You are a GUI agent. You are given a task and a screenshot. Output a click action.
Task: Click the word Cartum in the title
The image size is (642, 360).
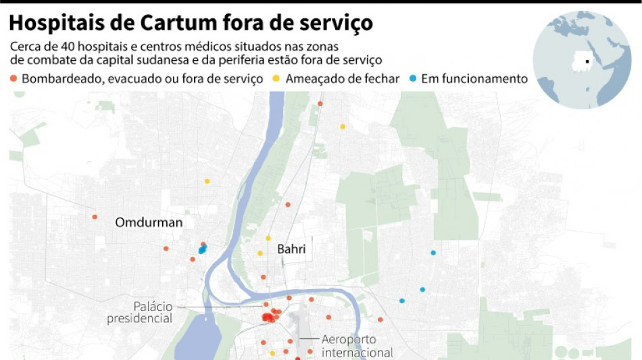click(178, 24)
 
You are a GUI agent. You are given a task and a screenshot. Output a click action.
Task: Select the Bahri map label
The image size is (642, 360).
click(291, 249)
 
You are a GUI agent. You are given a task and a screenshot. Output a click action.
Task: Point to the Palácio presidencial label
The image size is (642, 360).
click(139, 312)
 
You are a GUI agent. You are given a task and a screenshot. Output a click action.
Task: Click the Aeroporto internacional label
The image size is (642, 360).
click(357, 346)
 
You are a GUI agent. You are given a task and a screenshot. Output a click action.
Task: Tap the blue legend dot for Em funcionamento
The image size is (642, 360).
click(413, 79)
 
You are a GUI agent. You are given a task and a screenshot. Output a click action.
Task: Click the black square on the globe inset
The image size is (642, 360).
click(587, 62)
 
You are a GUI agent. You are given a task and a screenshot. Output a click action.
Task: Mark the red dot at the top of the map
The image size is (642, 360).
click(320, 103)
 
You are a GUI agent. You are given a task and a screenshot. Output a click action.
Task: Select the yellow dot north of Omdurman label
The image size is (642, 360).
click(207, 181)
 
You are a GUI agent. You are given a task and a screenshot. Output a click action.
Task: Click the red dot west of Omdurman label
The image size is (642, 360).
click(95, 217)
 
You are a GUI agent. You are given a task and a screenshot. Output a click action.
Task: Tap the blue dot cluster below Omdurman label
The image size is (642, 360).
click(201, 250)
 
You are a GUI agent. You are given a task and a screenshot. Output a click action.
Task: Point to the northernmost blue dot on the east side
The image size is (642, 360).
click(433, 253)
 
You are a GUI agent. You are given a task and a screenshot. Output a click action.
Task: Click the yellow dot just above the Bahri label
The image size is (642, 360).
click(268, 238)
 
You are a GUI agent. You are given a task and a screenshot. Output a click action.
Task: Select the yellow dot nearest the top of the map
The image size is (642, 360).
click(343, 126)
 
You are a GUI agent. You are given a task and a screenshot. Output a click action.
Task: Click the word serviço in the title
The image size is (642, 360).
click(337, 24)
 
